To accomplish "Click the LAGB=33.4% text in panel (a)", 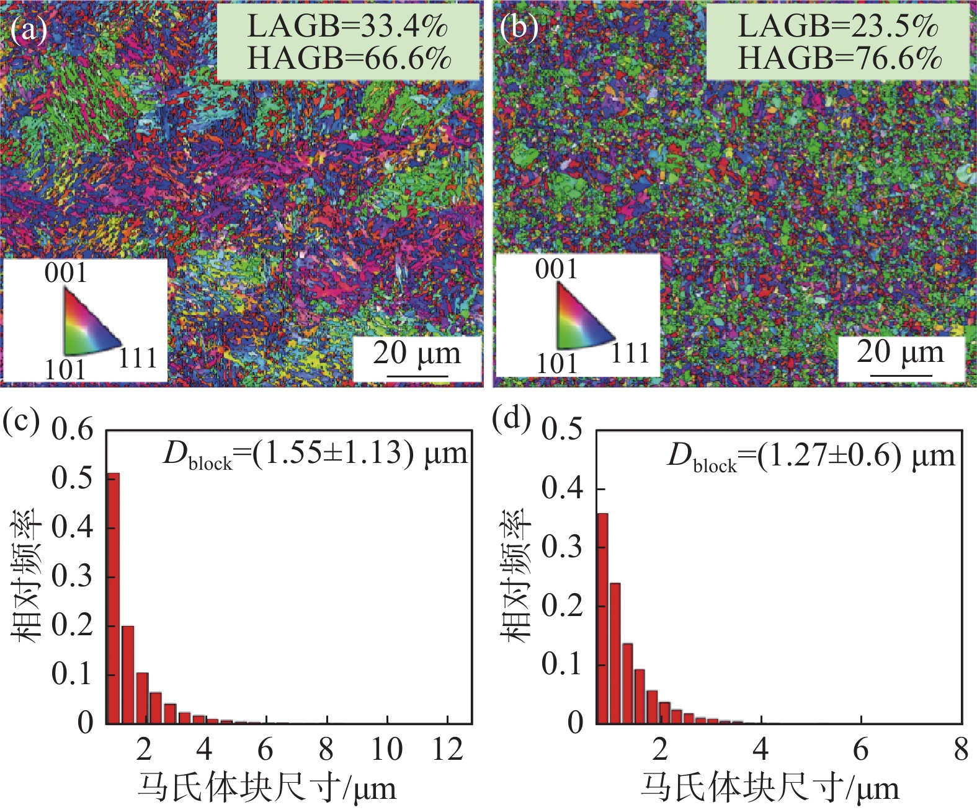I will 347,26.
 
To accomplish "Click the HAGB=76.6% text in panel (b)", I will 839,59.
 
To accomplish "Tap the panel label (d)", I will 511,418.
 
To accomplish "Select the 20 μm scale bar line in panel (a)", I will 417,376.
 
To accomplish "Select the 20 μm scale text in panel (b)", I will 900,352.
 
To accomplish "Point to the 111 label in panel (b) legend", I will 630,353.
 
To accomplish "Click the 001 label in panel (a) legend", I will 66,273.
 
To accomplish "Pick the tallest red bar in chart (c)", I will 113,598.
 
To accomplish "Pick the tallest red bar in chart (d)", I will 602,618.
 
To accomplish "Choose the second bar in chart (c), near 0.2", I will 128,674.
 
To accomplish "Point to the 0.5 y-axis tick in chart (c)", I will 72,478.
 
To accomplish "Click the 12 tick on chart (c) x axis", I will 448,750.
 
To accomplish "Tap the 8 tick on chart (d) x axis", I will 961,750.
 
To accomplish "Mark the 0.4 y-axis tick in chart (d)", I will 562,488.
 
